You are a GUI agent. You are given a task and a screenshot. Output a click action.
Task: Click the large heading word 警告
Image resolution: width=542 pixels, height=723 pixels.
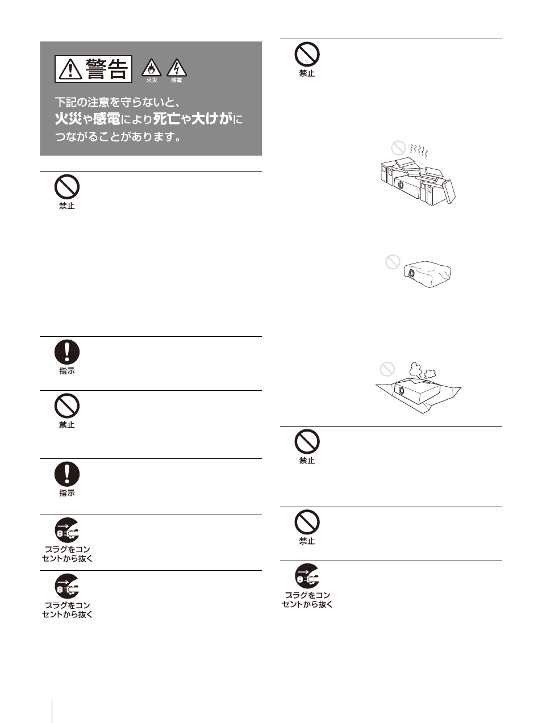point(106,69)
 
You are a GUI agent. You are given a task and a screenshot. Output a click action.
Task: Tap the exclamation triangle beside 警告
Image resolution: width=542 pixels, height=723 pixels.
point(70,69)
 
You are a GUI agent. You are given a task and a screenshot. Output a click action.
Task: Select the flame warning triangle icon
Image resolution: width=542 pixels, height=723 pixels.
point(152,68)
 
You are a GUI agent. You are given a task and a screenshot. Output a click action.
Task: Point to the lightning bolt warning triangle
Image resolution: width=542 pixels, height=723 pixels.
point(177,68)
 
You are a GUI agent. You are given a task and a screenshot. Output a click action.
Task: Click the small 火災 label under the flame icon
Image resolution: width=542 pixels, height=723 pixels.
point(152,80)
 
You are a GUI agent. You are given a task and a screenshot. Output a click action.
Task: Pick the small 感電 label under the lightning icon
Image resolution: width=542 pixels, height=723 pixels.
point(177,80)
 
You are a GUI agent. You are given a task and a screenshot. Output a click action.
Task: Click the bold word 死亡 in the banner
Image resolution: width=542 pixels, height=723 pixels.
point(166,119)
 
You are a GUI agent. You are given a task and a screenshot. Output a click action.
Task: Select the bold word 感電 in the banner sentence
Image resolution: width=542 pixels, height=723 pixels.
point(106,119)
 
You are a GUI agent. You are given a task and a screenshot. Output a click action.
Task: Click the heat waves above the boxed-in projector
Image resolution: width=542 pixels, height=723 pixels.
point(419,151)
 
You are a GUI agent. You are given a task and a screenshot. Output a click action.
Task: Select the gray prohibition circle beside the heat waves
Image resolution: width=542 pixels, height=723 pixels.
point(398,148)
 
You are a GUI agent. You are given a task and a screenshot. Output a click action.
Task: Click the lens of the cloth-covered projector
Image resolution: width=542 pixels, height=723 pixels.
point(411,273)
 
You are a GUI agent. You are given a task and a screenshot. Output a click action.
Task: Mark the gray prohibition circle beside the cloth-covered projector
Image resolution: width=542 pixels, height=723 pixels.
point(393,262)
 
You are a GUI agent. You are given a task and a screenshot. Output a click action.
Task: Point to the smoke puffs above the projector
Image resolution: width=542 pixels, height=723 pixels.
point(422,371)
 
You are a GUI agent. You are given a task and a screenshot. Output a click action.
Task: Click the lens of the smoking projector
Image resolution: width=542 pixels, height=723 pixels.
point(401,391)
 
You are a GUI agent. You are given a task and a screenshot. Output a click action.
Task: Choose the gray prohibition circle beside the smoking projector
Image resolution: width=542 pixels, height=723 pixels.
point(387,369)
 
